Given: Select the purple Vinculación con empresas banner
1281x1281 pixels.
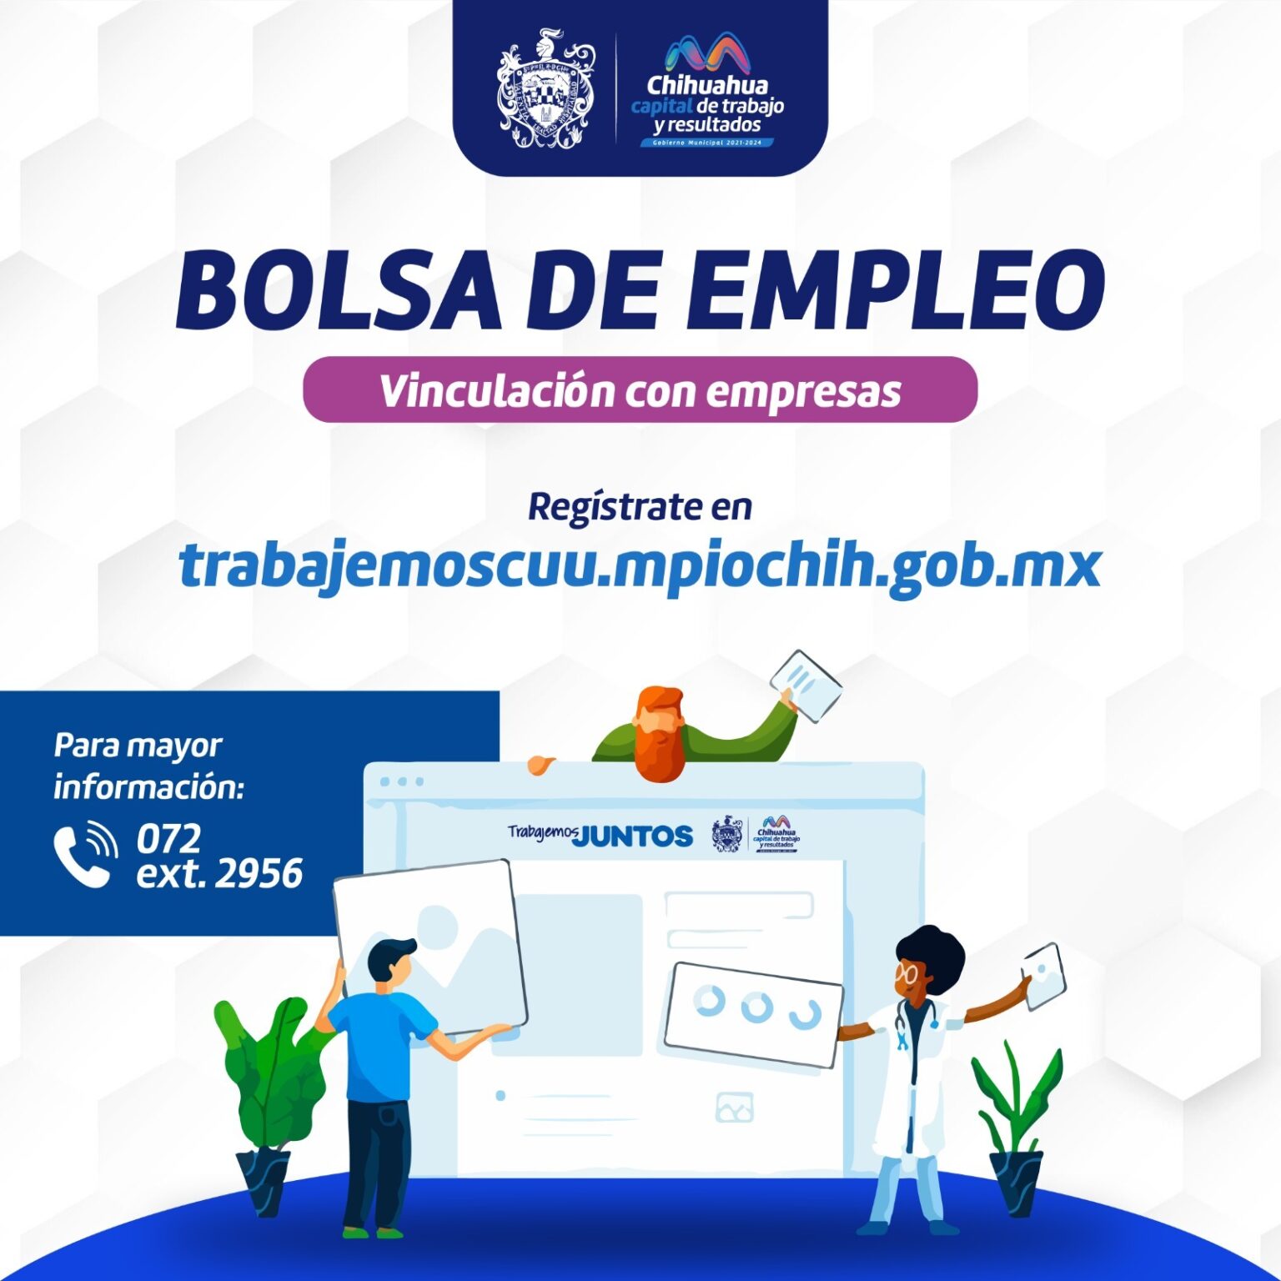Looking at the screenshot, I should (x=640, y=390).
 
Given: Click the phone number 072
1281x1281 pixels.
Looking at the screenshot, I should (x=168, y=838).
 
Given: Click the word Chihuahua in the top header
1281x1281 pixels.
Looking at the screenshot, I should (x=707, y=85).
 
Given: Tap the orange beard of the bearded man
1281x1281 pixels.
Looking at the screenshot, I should (x=659, y=747).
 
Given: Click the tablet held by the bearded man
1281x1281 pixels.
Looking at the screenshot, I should (x=806, y=686).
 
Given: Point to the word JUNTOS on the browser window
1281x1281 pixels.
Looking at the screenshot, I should (x=634, y=836).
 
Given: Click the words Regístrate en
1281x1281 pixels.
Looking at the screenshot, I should (x=640, y=507).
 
